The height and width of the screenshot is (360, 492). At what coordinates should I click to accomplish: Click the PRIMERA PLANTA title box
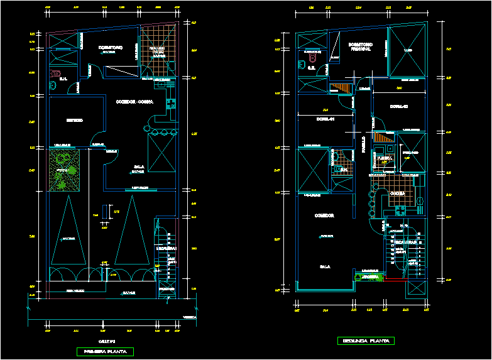105,351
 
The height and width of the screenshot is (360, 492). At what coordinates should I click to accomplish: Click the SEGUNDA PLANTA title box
366,341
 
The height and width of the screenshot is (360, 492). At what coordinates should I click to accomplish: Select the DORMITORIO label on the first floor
111,48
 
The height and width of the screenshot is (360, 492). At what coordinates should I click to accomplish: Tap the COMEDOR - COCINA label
134,101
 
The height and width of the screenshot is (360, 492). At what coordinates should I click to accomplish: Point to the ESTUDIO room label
74,120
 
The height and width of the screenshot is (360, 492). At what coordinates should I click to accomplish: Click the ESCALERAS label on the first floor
167,248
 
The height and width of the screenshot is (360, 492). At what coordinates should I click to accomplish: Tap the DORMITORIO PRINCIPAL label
361,46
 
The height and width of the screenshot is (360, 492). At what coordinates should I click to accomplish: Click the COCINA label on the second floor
397,193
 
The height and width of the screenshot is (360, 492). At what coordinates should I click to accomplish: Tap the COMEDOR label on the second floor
324,215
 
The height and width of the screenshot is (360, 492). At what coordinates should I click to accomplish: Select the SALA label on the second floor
325,266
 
